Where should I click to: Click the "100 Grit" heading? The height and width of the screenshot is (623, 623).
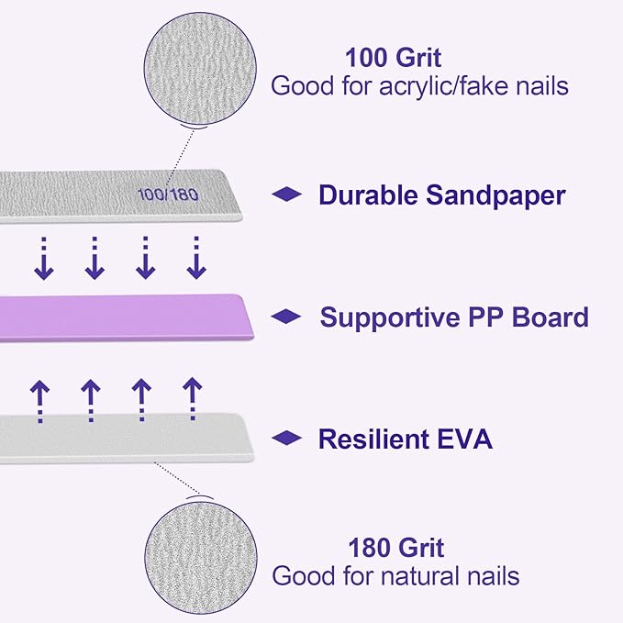(393, 59)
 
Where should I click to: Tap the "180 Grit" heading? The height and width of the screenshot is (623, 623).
(395, 549)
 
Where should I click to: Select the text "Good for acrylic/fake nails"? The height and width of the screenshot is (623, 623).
(419, 87)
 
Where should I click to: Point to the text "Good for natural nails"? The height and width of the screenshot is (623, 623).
(395, 576)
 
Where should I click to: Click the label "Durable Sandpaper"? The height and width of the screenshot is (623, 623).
(441, 195)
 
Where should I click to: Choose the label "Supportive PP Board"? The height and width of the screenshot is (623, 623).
(454, 317)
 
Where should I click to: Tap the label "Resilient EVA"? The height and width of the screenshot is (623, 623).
(405, 439)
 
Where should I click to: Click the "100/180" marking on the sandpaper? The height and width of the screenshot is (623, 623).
(169, 195)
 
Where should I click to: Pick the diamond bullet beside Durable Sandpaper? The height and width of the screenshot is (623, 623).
(287, 195)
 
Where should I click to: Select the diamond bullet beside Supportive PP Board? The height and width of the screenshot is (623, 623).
(287, 317)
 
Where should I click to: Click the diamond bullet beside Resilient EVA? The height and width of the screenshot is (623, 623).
(287, 439)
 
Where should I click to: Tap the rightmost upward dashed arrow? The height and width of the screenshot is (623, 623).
(192, 399)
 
